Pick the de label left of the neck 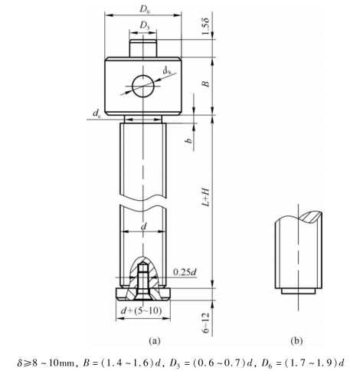click(96, 115)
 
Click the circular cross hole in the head click(143, 87)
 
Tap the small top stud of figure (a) click(143, 47)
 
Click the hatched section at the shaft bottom click(143, 280)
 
